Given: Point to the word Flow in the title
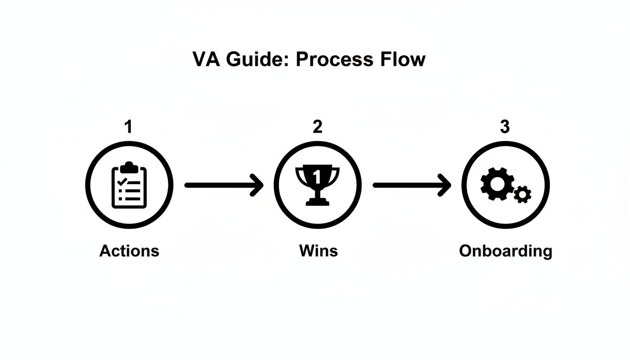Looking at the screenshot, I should pyautogui.click(x=403, y=60).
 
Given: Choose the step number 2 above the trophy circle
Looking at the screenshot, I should pyautogui.click(x=318, y=127).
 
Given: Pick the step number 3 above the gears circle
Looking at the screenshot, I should pyautogui.click(x=505, y=127).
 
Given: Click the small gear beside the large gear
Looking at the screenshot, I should pyautogui.click(x=522, y=194).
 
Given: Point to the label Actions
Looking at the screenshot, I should pyautogui.click(x=129, y=251).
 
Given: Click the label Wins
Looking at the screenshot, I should pyautogui.click(x=318, y=251).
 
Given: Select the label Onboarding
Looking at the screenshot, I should pyautogui.click(x=505, y=251).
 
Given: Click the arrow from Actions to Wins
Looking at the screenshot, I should pyautogui.click(x=224, y=186).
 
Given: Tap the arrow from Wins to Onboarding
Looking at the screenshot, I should pyautogui.click(x=412, y=186).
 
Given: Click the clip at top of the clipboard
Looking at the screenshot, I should pyautogui.click(x=129, y=166).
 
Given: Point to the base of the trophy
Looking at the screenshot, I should pyautogui.click(x=317, y=202).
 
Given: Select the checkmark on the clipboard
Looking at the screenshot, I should pyautogui.click(x=121, y=180).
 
